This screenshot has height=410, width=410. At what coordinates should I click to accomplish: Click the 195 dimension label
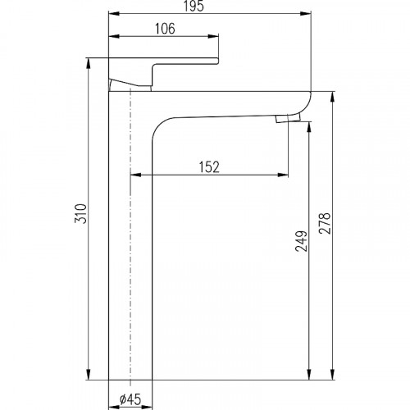(194, 6)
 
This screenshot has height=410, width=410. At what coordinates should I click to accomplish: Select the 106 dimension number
(165, 29)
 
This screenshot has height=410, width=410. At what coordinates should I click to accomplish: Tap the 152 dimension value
(209, 167)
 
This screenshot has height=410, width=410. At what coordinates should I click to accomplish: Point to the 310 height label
(80, 213)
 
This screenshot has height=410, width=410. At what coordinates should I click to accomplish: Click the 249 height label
(301, 241)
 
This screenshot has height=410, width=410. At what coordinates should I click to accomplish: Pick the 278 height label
(325, 223)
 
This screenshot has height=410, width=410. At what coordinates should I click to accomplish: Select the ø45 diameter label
(130, 399)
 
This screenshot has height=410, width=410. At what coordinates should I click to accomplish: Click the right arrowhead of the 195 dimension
(306, 13)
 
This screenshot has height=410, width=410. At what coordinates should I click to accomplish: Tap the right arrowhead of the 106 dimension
(213, 36)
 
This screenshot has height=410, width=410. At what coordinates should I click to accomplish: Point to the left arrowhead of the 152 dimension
(136, 175)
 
